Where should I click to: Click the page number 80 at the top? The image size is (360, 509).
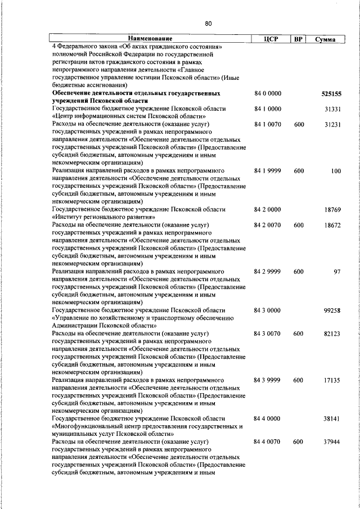pyautogui.click(x=208, y=24)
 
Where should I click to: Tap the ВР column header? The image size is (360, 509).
pyautogui.click(x=299, y=39)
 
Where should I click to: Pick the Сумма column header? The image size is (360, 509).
pyautogui.click(x=326, y=39)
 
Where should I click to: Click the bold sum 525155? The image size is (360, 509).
pyautogui.click(x=331, y=94)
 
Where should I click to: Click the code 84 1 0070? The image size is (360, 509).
pyautogui.click(x=268, y=123)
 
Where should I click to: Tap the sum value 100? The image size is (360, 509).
pyautogui.click(x=336, y=170)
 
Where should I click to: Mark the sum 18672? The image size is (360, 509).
pyautogui.click(x=332, y=224)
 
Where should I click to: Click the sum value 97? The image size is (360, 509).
pyautogui.click(x=337, y=272)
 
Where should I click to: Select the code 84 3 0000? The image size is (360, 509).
pyautogui.click(x=268, y=310)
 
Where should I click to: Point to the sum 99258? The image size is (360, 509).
pyautogui.click(x=332, y=310)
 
